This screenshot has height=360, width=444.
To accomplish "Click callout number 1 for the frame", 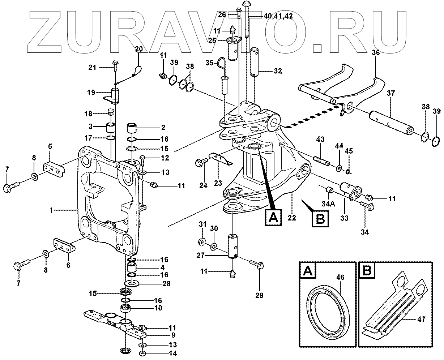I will point(52,210).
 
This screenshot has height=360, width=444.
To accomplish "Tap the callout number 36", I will point(376,52).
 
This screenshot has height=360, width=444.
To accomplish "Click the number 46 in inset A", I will point(340,278).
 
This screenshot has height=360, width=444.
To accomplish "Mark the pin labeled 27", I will point(232,245).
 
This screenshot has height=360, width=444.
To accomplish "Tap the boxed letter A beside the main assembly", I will point(273,218).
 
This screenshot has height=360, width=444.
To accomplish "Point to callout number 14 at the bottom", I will point(163,353).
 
